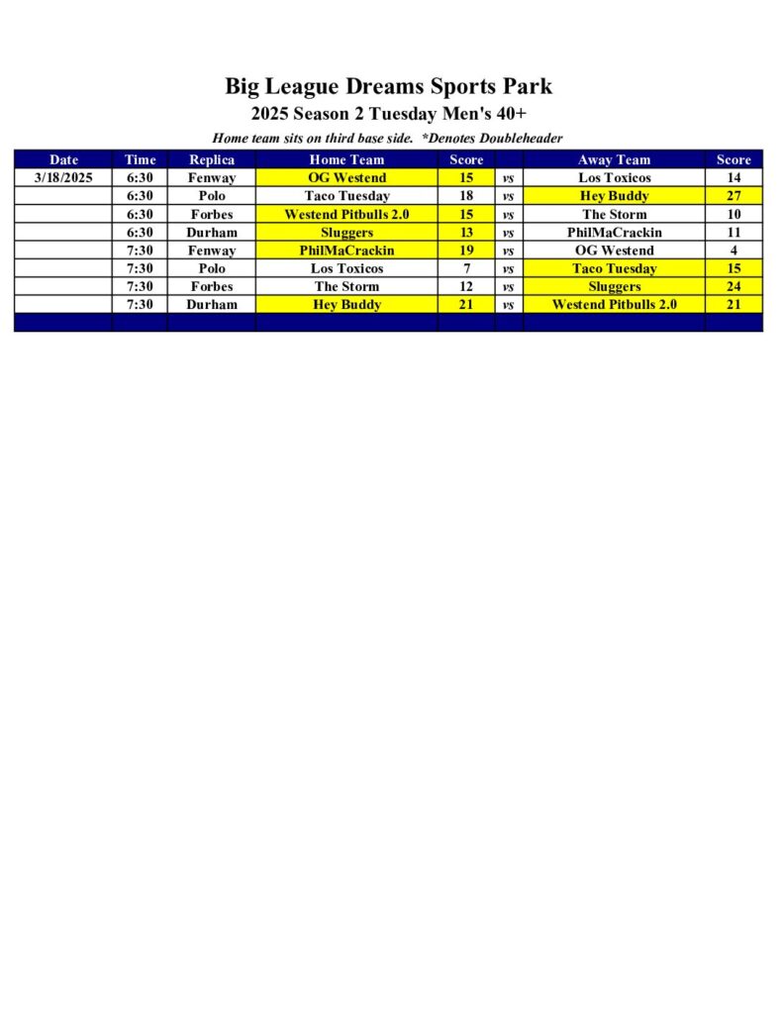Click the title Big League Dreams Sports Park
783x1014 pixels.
(x=388, y=86)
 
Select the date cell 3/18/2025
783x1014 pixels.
(x=63, y=178)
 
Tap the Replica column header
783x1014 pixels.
(x=212, y=159)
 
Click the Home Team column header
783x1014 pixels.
(x=346, y=159)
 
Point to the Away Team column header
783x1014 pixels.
(x=614, y=159)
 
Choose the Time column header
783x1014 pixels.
(x=140, y=159)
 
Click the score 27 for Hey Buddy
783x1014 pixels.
(x=734, y=196)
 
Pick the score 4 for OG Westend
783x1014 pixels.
(x=734, y=251)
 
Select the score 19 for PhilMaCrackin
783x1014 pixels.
(x=466, y=251)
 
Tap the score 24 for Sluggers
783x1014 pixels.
(x=734, y=286)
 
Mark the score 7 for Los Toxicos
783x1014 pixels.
(x=466, y=268)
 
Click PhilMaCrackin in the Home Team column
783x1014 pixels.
(x=346, y=251)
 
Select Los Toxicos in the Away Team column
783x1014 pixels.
(x=614, y=178)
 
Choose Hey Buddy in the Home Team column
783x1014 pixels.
(x=346, y=304)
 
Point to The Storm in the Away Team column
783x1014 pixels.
(x=614, y=214)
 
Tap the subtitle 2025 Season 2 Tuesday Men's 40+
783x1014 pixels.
(x=388, y=113)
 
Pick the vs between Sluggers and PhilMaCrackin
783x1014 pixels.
(x=508, y=233)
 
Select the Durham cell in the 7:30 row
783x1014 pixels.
(x=212, y=304)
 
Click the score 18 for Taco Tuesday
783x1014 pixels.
(x=466, y=196)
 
